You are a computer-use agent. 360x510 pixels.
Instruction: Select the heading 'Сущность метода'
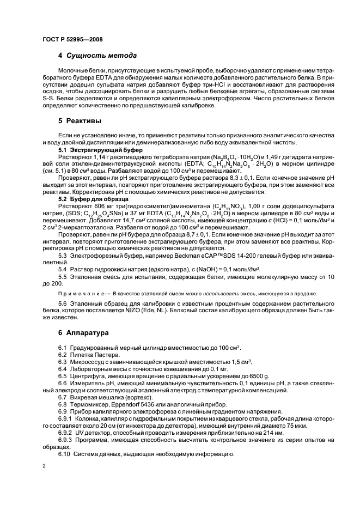[x=101, y=56]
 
